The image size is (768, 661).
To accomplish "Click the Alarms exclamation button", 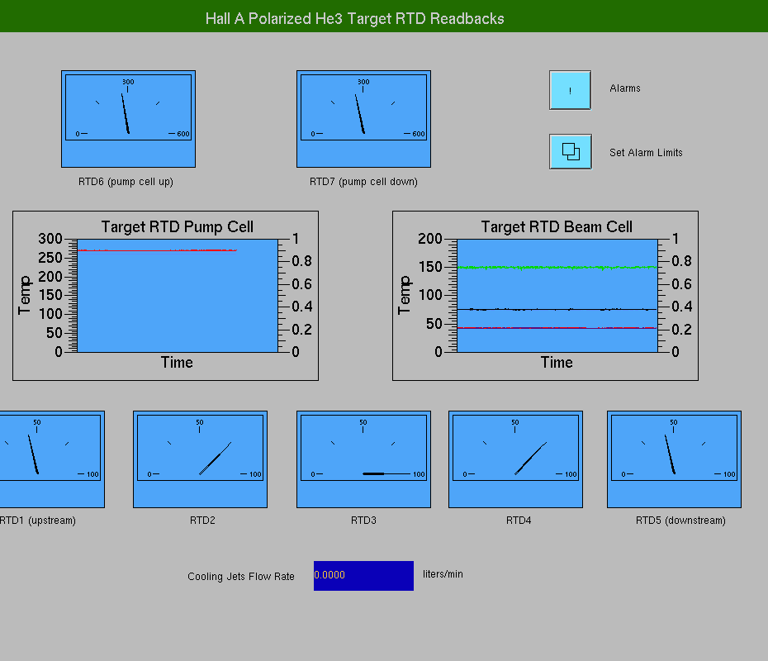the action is (x=570, y=90).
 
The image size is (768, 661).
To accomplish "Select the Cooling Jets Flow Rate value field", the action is (x=363, y=575).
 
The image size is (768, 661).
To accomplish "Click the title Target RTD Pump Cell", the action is (x=178, y=227).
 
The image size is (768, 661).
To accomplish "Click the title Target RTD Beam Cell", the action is (x=557, y=227).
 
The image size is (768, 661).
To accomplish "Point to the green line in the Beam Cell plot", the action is (x=557, y=268).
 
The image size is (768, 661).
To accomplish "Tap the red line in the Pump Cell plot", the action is (x=157, y=250).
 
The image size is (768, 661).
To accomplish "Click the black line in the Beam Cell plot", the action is (x=557, y=309).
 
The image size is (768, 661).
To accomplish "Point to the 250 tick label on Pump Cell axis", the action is (x=50, y=258).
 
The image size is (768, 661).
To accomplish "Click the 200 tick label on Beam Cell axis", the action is (x=430, y=239).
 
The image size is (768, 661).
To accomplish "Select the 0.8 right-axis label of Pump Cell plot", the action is (x=301, y=261).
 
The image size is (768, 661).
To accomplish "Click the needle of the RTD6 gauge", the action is (x=126, y=114).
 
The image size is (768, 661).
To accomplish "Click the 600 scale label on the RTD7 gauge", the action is (x=419, y=134).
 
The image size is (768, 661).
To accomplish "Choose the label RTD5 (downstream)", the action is (x=680, y=521).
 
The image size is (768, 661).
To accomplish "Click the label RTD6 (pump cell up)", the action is (x=126, y=182).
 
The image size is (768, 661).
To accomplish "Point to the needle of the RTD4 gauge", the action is (x=530, y=459).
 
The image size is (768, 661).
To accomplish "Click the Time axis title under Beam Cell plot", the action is (x=557, y=363).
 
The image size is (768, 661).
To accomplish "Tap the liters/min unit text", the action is (x=443, y=573).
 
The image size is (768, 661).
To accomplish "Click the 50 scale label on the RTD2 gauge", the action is (x=199, y=422).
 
